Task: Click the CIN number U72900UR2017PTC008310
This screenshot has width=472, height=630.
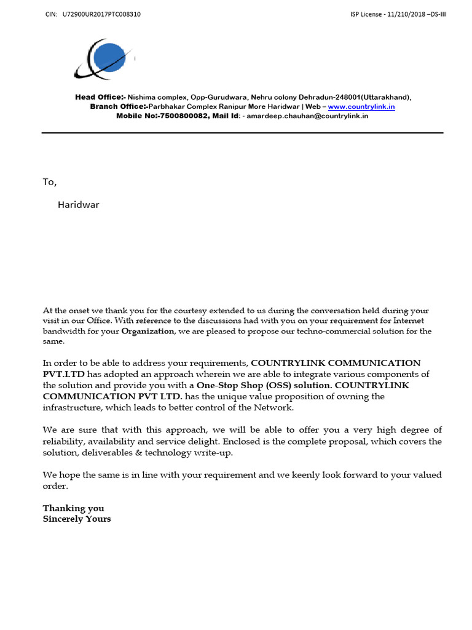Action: (x=101, y=14)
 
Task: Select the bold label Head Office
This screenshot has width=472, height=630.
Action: (x=100, y=97)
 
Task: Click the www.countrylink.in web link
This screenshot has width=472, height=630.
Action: (x=361, y=106)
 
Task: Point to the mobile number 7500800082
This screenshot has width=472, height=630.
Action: (x=184, y=116)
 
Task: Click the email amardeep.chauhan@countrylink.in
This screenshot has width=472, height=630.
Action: (x=307, y=116)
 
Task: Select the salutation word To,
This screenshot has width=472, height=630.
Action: (x=49, y=182)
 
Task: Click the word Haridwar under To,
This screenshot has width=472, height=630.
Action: (x=78, y=205)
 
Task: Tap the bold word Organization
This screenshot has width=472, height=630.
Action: (x=147, y=331)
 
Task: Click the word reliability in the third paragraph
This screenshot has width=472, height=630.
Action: (x=61, y=442)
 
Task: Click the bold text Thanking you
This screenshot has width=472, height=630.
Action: (x=73, y=508)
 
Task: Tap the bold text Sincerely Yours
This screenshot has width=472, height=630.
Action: (x=77, y=519)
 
